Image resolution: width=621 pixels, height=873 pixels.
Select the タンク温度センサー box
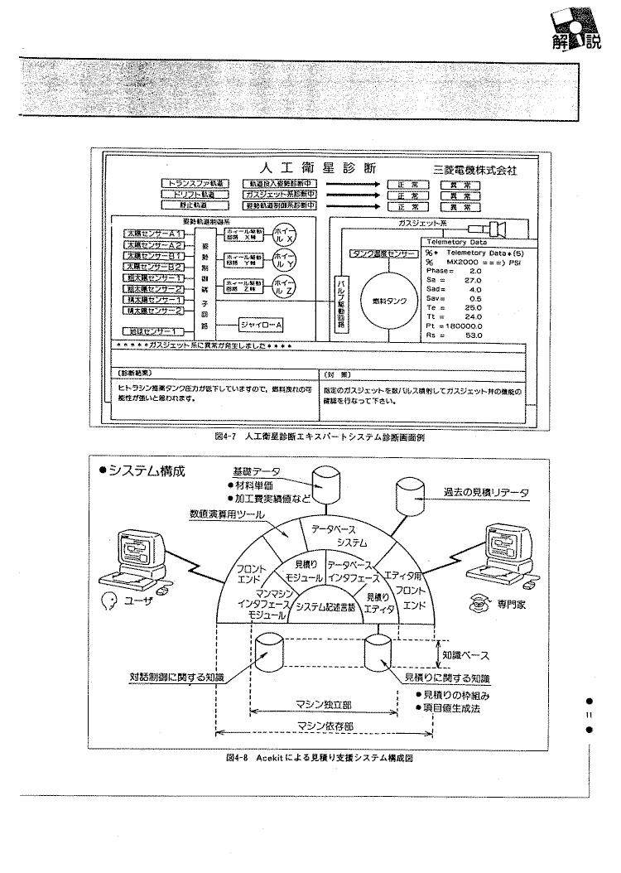click(x=382, y=254)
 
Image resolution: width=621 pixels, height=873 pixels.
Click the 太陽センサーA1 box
click(x=153, y=235)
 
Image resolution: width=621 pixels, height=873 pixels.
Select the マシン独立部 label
click(x=324, y=705)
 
